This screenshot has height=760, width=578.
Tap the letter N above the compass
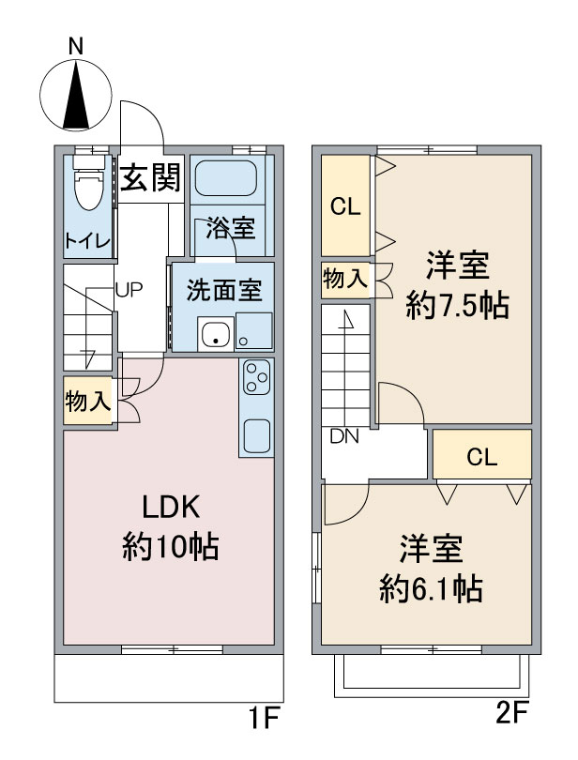coord(77,45)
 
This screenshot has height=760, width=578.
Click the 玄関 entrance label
coord(149,177)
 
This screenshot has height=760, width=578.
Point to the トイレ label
coord(88,240)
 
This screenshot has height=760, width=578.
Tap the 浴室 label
coord(230,228)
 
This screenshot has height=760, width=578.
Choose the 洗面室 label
coord(223,290)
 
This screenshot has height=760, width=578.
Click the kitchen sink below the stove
coord(256,434)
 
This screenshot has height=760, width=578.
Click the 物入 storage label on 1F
coord(87,403)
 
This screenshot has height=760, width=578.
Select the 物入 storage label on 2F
coord(343,279)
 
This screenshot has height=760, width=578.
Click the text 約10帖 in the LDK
coord(170,545)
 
